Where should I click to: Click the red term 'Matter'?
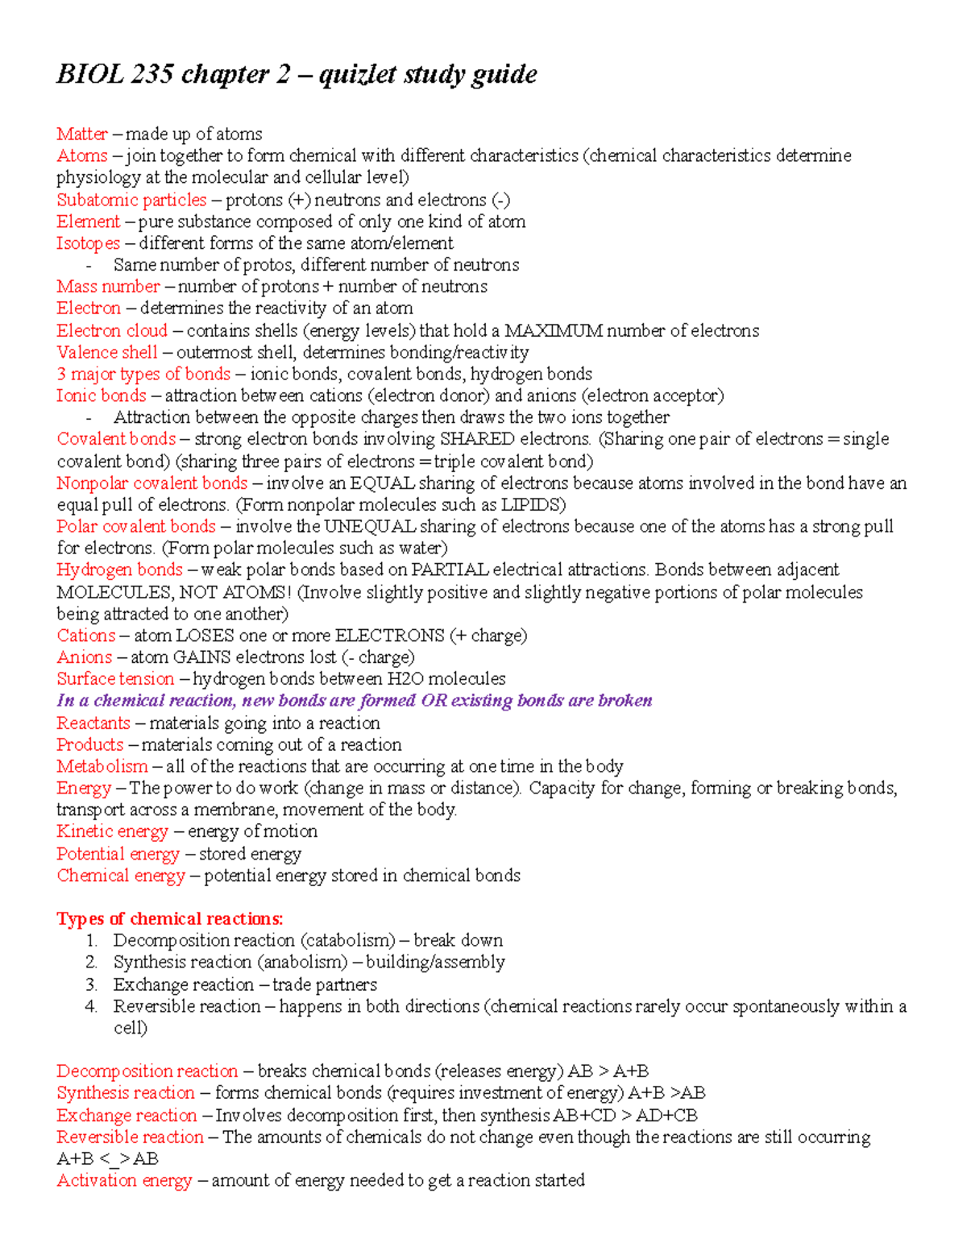[x=81, y=134]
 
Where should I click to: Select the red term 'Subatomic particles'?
[x=131, y=200]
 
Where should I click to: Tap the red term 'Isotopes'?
[x=88, y=243]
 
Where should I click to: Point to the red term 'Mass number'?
[x=108, y=287]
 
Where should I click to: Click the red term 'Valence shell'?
[x=106, y=352]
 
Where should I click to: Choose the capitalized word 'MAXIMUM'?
[x=553, y=330]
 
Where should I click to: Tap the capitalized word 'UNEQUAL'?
[x=370, y=527]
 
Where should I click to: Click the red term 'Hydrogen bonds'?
[x=119, y=570]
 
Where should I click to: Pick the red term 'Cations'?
[x=85, y=636]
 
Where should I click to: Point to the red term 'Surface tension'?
[x=115, y=679]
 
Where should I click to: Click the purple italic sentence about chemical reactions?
[x=354, y=701]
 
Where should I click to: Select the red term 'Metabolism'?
[x=102, y=766]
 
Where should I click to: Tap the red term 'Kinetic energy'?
[x=112, y=831]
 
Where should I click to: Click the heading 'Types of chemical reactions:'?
[x=169, y=919]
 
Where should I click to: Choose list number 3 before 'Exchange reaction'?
[x=91, y=984]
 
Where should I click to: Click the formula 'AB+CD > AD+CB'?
[x=625, y=1116]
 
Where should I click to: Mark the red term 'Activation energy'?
[x=124, y=1181]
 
